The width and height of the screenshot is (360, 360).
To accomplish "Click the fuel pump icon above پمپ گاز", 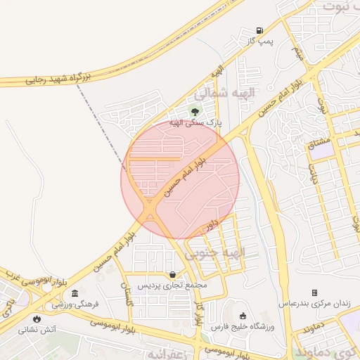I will tap(260, 30).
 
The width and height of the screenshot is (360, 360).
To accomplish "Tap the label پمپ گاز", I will tap(259, 42).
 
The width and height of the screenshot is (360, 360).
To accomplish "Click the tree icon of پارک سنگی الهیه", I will tap(195, 110).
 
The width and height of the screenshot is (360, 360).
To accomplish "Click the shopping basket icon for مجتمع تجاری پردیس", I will tap(172, 274).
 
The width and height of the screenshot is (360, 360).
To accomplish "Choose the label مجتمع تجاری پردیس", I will tap(173, 285).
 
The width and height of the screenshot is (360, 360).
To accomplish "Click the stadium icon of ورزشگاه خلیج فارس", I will tap(243, 315).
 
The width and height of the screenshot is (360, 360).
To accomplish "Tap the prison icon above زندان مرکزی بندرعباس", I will tap(314, 292).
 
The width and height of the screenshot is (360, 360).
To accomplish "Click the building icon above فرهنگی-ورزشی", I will tap(75, 292).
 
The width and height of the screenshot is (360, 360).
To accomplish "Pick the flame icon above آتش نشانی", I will tap(36, 318).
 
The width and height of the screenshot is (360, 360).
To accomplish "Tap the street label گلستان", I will tap(127, 291).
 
